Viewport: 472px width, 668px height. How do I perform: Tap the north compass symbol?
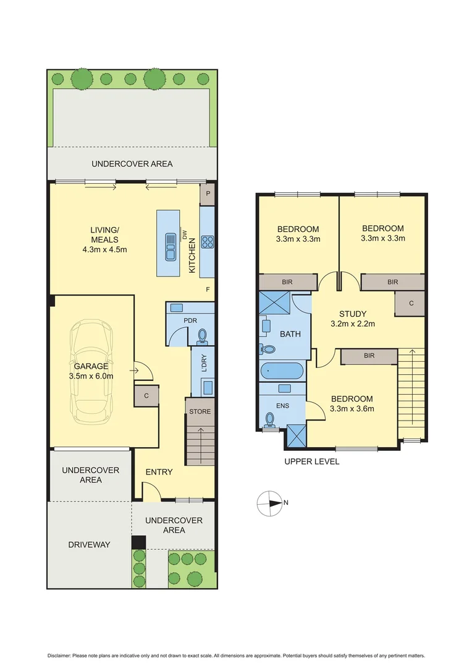tap(269, 503)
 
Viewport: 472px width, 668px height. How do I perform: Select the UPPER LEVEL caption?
tap(311, 461)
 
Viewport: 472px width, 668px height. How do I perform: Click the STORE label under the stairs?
tap(200, 411)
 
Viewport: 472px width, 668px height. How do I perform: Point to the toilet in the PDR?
tap(202, 336)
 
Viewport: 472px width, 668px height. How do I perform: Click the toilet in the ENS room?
tap(269, 420)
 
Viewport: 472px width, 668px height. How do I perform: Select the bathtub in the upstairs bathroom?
tap(282, 372)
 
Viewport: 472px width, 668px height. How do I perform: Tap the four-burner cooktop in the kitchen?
tap(208, 242)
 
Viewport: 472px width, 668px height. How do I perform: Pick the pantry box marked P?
tap(207, 194)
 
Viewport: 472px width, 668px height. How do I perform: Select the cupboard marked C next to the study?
tap(410, 303)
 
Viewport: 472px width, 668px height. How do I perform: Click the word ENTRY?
tap(159, 472)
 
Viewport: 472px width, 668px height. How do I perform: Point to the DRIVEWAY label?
tap(88, 544)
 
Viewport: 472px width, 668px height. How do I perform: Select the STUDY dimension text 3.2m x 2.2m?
tap(353, 323)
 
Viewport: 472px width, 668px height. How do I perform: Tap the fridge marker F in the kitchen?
tap(207, 289)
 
